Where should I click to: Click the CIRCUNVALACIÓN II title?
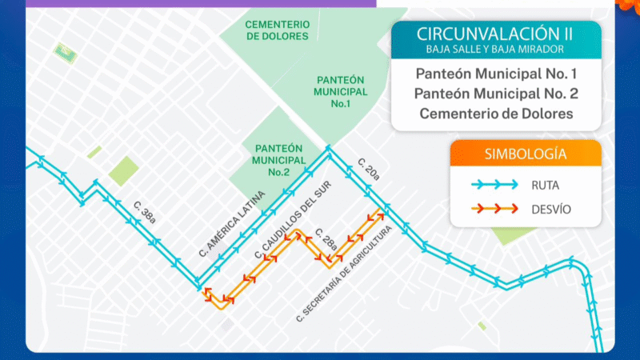click(496, 34)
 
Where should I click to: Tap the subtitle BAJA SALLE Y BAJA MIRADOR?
click(496, 50)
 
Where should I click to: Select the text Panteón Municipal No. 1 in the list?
click(496, 74)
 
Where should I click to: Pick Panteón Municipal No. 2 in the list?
click(496, 94)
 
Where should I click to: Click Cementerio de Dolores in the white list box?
click(496, 114)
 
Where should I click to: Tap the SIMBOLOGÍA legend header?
click(526, 154)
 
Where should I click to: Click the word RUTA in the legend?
click(545, 185)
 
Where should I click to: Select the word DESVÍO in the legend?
click(550, 210)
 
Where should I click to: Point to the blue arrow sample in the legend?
click(494, 185)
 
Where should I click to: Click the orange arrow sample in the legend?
click(494, 210)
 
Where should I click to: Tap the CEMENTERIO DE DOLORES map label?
click(278, 30)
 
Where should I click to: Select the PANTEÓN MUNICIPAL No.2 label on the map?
click(279, 160)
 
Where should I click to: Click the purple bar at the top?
click(200, 3)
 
